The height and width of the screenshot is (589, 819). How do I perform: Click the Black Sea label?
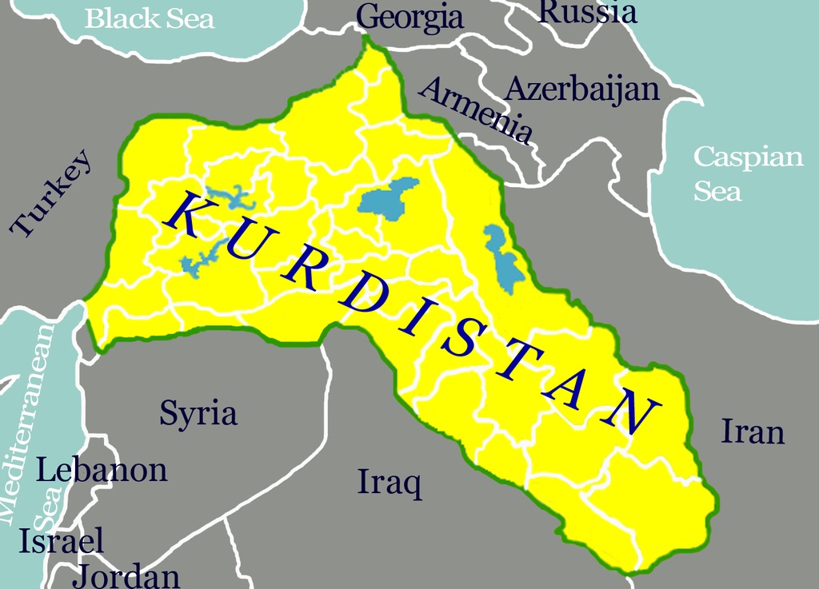click(x=150, y=18)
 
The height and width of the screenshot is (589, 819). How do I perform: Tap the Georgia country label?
click(x=409, y=16)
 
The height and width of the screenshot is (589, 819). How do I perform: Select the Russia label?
click(x=589, y=11)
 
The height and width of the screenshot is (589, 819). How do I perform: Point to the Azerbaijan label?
click(x=582, y=89)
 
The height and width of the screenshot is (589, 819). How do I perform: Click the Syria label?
click(x=198, y=414)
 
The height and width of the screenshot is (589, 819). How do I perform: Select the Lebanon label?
click(x=102, y=470)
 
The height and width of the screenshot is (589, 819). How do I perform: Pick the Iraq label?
click(x=390, y=482)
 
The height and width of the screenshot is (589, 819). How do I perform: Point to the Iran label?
click(x=753, y=432)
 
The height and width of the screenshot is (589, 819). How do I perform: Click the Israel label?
click(x=62, y=541)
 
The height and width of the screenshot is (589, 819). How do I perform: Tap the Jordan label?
click(x=126, y=575)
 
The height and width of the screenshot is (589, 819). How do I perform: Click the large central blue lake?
click(x=388, y=198)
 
